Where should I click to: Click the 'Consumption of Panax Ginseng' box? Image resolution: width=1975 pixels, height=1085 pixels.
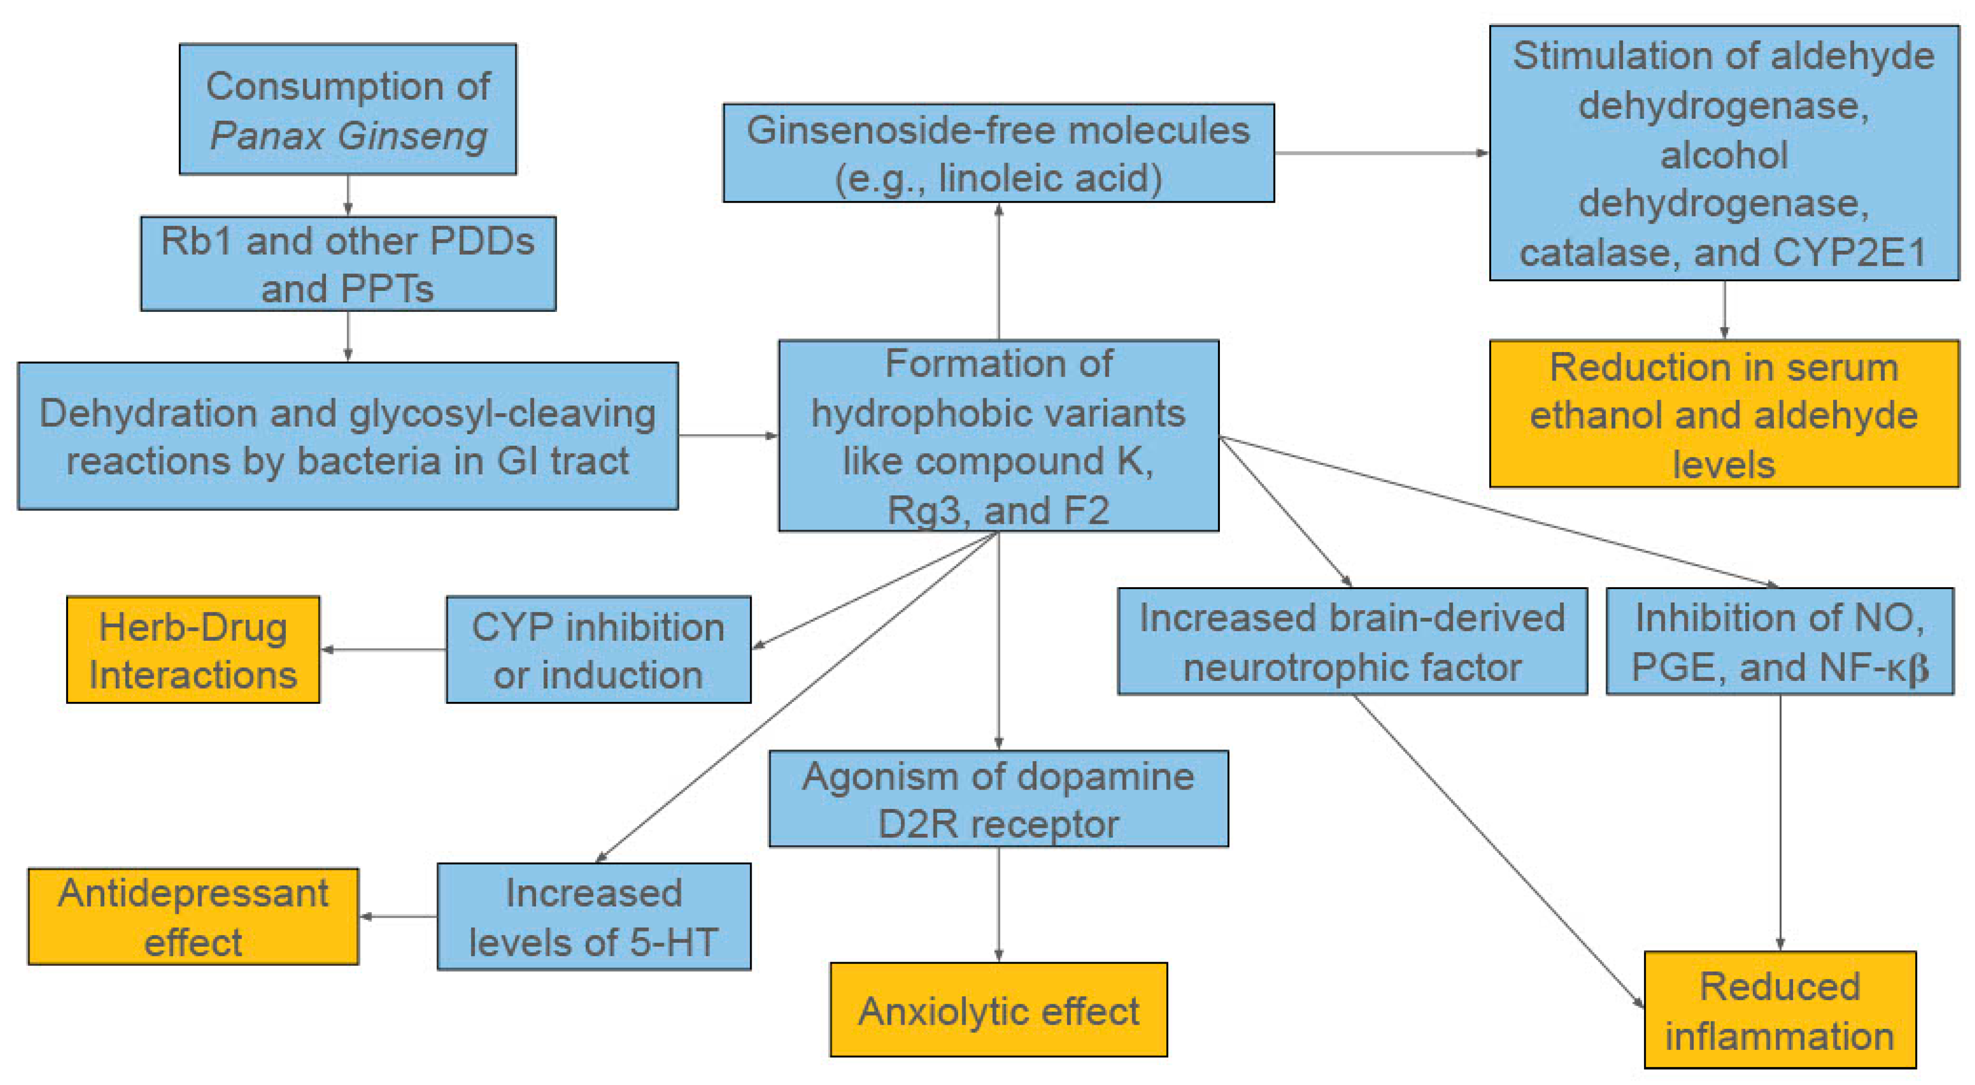pyautogui.click(x=347, y=109)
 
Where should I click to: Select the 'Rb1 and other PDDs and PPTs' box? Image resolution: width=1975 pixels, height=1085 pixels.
pyautogui.click(x=347, y=264)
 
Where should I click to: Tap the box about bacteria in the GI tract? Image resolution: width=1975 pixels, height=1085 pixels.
pyautogui.click(x=347, y=436)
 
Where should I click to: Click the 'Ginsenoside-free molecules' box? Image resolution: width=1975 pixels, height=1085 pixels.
pyautogui.click(x=998, y=153)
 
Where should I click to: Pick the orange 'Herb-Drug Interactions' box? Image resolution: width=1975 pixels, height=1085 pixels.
pyautogui.click(x=193, y=649)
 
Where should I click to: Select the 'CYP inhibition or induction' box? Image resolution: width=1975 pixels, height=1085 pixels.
pyautogui.click(x=598, y=649)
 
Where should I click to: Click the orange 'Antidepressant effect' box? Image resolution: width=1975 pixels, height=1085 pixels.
pyautogui.click(x=193, y=917)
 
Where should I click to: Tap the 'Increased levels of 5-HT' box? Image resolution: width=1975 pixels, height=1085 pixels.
pyautogui.click(x=594, y=917)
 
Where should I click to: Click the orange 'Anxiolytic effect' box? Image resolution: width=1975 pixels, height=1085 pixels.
pyautogui.click(x=998, y=1010)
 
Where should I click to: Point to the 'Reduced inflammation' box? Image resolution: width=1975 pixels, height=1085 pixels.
pyautogui.click(x=1779, y=1010)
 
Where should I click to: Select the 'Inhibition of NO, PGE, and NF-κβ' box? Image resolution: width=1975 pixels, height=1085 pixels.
pyautogui.click(x=1779, y=641)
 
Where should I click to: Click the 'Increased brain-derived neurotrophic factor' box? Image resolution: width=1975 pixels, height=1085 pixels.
pyautogui.click(x=1352, y=641)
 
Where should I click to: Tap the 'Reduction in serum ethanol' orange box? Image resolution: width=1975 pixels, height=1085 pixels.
pyautogui.click(x=1723, y=414)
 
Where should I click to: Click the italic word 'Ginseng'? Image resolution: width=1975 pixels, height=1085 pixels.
pyautogui.click(x=413, y=136)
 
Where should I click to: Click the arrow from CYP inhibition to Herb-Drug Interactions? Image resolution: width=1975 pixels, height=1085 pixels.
pyautogui.click(x=384, y=649)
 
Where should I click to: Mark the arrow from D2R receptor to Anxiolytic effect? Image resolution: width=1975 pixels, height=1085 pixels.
pyautogui.click(x=998, y=905)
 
